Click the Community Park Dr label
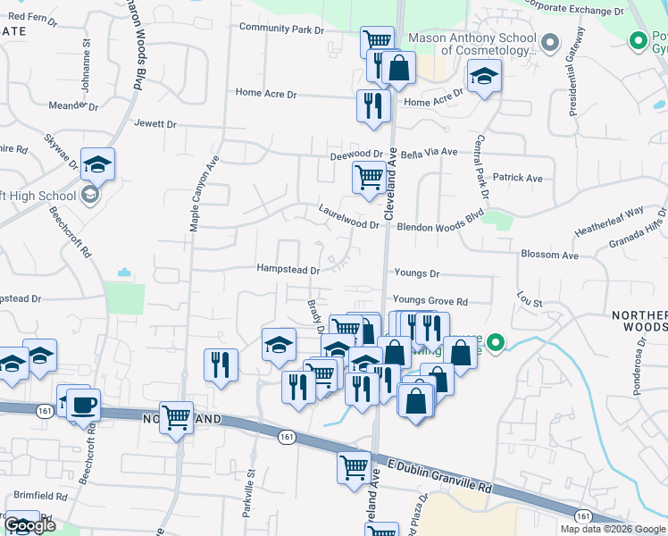coord(281,29)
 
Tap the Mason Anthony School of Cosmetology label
coord(472,45)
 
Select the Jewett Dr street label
coord(156,124)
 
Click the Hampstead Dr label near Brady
coord(288,269)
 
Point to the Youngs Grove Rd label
coord(430,302)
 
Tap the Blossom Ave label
coord(549,255)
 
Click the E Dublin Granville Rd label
coord(441,474)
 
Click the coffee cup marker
coord(83,404)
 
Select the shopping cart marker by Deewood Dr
coord(369,176)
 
